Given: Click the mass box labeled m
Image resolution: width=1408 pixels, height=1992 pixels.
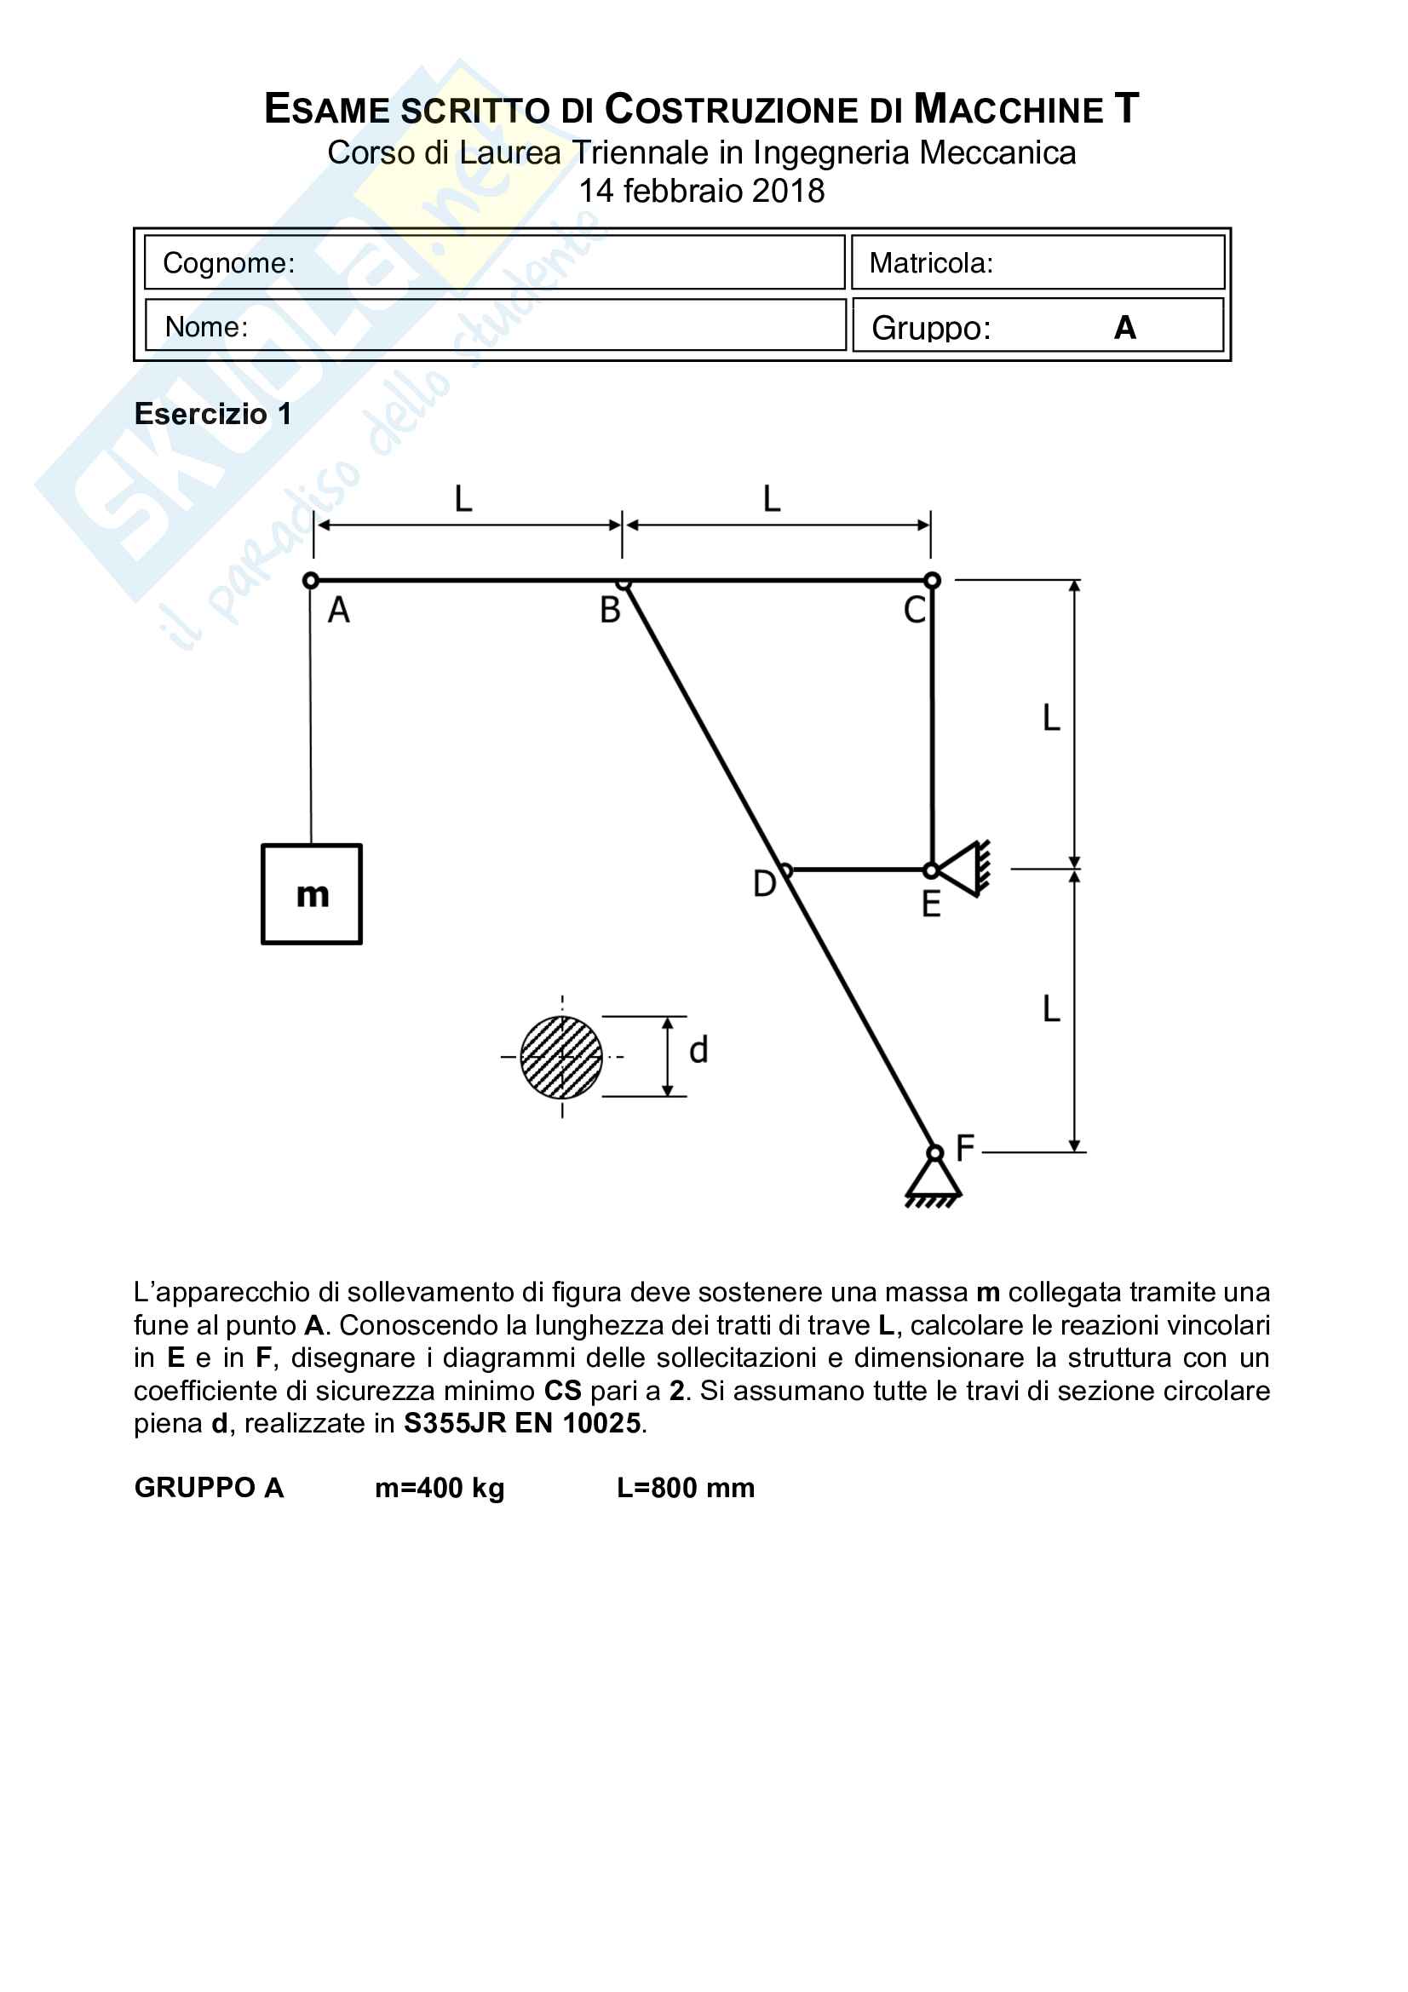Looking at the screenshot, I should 312,893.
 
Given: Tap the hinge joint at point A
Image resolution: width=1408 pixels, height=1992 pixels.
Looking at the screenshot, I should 311,581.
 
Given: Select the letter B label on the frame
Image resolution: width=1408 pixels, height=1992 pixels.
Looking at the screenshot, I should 610,611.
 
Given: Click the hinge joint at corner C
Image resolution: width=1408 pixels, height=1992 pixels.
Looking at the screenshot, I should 932,581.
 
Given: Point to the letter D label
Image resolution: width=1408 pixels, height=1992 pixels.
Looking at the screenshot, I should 763,884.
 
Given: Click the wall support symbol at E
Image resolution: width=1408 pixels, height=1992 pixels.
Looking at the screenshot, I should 964,869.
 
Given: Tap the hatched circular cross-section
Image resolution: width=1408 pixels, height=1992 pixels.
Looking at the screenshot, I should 561,1057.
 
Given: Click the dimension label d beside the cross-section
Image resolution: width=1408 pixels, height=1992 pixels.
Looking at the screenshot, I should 698,1051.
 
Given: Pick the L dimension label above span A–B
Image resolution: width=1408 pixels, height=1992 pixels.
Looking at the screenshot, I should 463,500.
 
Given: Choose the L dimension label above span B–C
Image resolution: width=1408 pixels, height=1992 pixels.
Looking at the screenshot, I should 771,500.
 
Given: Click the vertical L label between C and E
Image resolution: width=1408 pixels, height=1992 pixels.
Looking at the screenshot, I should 1050,719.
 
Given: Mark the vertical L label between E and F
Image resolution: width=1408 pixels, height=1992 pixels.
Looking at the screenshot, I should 1050,1009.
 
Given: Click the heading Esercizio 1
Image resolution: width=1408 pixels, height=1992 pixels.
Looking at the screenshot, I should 213,414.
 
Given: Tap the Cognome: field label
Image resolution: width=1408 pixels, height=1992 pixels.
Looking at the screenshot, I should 229,263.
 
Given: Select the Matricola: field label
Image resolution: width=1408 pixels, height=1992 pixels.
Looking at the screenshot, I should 931,263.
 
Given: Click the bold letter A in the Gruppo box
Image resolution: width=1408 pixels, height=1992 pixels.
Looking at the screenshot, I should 1125,328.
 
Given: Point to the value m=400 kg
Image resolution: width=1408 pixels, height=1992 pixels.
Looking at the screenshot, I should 439,1488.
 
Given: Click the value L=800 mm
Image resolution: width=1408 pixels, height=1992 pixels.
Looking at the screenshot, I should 686,1488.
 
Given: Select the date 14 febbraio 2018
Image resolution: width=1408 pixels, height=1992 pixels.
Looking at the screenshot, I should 702,191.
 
